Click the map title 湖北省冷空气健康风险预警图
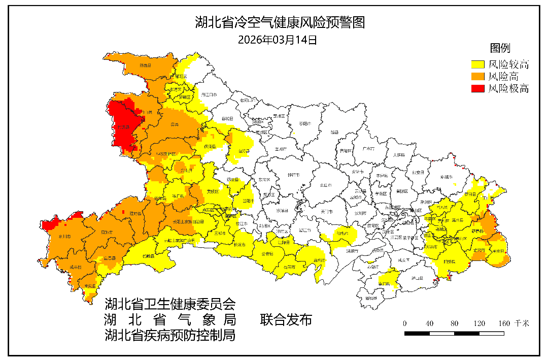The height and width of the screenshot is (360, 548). [280, 22]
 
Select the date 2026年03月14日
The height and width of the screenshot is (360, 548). [278, 40]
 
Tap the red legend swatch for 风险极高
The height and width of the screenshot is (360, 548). [477, 89]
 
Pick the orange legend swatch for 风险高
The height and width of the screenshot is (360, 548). [477, 77]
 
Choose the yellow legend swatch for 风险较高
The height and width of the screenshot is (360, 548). [477, 64]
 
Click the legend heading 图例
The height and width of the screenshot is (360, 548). [499, 48]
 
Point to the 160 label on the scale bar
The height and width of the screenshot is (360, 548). [504, 323]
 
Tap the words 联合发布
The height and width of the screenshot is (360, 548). [286, 320]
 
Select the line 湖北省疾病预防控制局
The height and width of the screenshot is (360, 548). [170, 335]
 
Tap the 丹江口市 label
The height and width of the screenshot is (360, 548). [209, 94]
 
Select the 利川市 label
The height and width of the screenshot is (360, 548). [64, 237]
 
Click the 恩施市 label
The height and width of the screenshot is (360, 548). [107, 232]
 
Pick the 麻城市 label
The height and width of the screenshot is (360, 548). [446, 177]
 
